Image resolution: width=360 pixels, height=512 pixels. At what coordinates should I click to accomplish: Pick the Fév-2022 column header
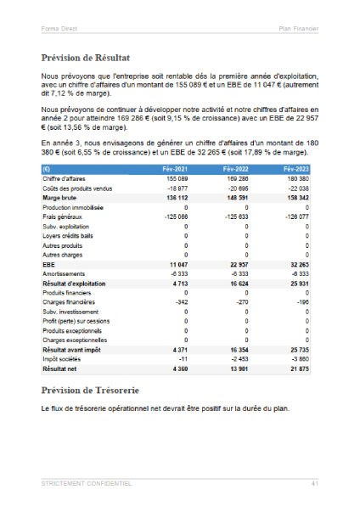pos(237,170)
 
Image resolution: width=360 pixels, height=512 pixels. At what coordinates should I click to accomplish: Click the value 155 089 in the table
pos(177,179)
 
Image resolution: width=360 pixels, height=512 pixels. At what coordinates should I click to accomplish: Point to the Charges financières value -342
pos(179,301)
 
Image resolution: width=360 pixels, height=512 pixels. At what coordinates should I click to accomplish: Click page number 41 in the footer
pos(314,483)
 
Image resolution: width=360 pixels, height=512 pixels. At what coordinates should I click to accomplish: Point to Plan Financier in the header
pos(298,28)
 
